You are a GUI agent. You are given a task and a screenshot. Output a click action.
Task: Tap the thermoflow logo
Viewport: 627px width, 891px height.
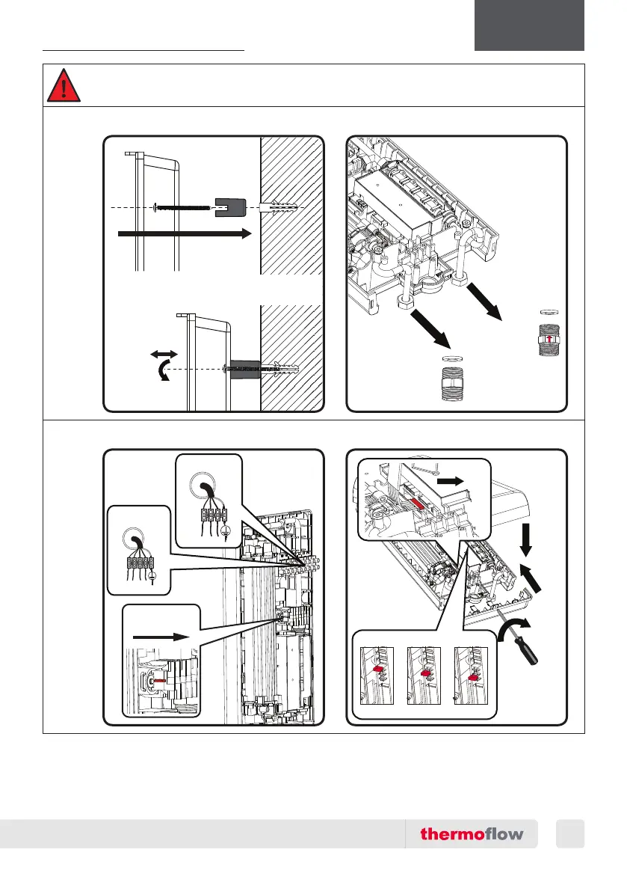472,833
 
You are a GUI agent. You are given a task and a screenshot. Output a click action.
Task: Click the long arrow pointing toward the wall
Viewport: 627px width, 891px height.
184,234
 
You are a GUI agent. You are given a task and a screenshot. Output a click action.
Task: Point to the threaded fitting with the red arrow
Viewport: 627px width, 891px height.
549,340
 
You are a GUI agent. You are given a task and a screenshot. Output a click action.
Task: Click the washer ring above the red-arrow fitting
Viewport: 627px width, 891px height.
549,310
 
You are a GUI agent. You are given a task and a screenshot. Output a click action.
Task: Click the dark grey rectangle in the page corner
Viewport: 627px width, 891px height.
529,25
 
